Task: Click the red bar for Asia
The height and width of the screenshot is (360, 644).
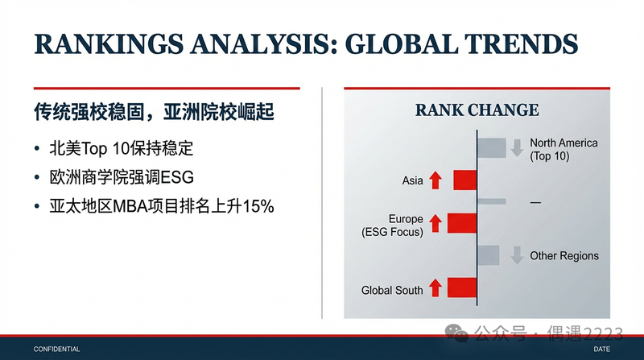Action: (465, 180)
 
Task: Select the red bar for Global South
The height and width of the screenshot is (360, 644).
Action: (462, 288)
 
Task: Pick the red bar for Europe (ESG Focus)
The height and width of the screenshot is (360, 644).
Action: (462, 223)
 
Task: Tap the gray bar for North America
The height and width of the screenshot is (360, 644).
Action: (492, 148)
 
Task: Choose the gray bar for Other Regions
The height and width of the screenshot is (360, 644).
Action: (489, 255)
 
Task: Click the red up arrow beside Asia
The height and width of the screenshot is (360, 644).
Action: (436, 180)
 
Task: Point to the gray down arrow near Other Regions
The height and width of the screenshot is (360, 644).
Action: (517, 255)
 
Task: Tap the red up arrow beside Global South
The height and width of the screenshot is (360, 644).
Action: (436, 288)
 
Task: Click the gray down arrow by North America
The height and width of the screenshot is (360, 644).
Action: (517, 148)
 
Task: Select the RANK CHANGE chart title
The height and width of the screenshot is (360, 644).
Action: (477, 110)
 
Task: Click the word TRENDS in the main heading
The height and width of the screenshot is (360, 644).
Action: (522, 44)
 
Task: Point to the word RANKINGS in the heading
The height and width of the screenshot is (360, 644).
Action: (109, 44)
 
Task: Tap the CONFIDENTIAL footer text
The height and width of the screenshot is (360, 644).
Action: (56, 350)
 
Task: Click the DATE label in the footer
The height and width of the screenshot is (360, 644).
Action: (601, 350)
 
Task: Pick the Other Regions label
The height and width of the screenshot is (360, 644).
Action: (564, 255)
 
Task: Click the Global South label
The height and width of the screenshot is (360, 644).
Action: (392, 290)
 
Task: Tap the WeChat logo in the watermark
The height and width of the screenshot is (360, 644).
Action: (456, 333)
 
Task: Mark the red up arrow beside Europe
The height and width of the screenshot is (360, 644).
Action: (436, 224)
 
